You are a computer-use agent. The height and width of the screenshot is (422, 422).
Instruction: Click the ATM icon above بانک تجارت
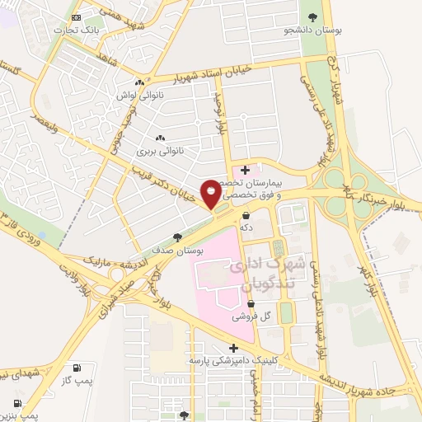77,17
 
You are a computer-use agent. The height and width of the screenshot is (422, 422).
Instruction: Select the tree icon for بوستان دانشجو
312,17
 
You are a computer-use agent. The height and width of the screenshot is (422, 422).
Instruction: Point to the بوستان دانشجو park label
312,30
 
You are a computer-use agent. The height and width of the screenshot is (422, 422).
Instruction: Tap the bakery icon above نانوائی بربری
159,138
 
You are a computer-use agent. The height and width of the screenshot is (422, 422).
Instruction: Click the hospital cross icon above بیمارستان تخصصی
244,170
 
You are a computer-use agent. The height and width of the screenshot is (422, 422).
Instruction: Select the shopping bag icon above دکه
246,215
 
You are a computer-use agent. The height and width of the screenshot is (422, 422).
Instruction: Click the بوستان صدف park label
174,249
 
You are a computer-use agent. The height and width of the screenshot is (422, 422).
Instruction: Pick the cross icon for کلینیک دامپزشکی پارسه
234,348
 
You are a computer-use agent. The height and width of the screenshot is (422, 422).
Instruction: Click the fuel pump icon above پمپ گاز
77,367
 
